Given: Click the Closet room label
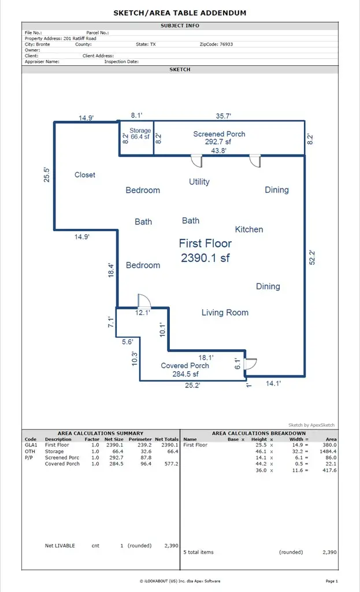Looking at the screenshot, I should tap(85, 175).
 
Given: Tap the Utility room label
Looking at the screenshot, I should tap(199, 182).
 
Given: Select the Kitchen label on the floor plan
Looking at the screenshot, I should tap(249, 230).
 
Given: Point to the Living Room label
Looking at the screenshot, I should tap(225, 313).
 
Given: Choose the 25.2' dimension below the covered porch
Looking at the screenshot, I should tap(192, 386).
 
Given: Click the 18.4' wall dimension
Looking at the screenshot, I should tap(112, 270).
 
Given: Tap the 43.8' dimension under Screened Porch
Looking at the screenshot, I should tap(218, 150).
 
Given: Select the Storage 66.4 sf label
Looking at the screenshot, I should tap(139, 134).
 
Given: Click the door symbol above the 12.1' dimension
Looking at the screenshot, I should tap(143, 301).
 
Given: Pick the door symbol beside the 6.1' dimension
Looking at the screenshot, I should tap(250, 364).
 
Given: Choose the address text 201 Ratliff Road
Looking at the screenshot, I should tap(80, 38).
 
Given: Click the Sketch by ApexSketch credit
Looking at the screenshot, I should tap(311, 425).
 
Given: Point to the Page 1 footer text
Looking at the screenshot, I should tap(332, 580).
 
